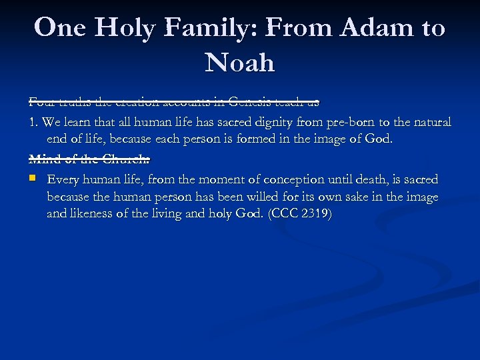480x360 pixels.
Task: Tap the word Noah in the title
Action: click(x=240, y=63)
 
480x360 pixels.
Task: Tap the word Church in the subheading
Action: click(x=128, y=159)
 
